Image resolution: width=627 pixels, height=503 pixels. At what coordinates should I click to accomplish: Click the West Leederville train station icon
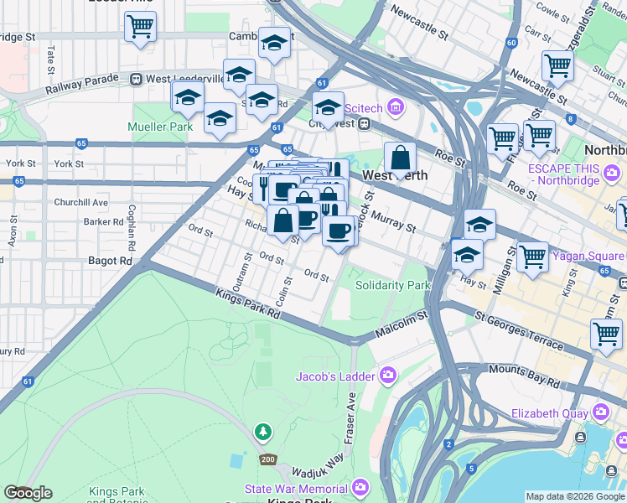pos(136,79)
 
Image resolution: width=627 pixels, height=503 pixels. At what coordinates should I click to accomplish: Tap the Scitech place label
pos(365,106)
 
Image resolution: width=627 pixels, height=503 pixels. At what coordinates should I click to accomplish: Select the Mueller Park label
pos(159,127)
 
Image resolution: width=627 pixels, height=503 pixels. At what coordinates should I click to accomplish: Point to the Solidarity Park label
pos(392,286)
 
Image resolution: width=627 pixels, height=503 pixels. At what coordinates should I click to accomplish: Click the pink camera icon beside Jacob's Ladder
pos(386,375)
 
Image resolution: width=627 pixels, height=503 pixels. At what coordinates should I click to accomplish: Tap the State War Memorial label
pos(297,489)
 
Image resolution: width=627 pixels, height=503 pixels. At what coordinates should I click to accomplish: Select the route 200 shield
pos(267,459)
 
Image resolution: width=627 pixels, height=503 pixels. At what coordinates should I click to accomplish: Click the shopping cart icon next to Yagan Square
pos(532,257)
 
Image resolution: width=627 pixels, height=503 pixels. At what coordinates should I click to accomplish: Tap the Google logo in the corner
pos(28,493)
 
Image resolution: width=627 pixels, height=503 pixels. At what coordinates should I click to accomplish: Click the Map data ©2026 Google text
pos(575,497)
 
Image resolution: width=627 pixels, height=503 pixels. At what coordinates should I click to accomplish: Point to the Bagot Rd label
pos(110,262)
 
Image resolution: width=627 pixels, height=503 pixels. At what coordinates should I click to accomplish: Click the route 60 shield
pos(511,42)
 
